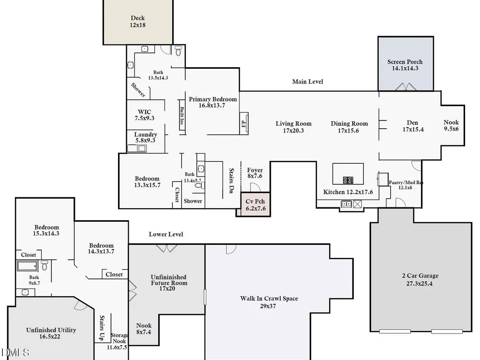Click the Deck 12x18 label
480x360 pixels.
tap(137, 22)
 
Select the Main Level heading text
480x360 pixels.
tap(307, 82)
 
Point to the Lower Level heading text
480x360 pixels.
tap(166, 234)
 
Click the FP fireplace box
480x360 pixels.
tap(244, 123)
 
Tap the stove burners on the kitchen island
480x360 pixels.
tap(348, 180)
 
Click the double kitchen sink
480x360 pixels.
tap(347, 204)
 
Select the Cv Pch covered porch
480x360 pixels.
tap(256, 204)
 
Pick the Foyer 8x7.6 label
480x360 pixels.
tap(255, 173)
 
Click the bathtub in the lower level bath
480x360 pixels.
tap(27, 266)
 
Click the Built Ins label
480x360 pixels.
tap(182, 115)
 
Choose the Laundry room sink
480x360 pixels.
tap(142, 148)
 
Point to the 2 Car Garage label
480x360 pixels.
tap(420, 279)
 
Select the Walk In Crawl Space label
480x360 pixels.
tap(269, 302)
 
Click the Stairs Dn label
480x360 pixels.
tap(231, 180)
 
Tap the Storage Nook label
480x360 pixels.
tap(119, 341)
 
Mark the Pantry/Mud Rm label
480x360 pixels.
tap(406, 185)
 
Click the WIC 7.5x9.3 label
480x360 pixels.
tap(144, 115)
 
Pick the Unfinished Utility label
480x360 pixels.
tap(51, 333)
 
